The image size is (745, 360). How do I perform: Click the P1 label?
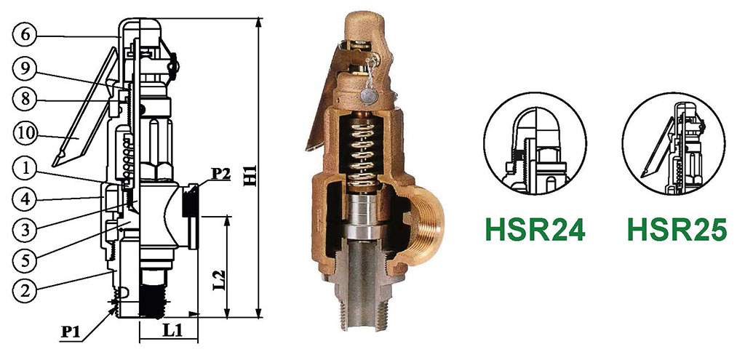(x=71, y=332)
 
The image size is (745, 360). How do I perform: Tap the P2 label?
(x=220, y=175)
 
